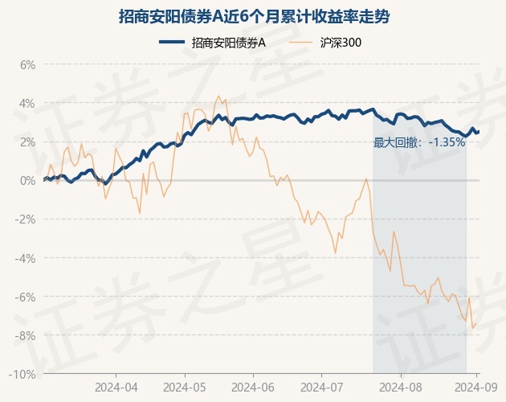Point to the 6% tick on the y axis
(27, 64)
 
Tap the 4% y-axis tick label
(27, 103)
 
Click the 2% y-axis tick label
(27, 142)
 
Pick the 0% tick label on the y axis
(27, 180)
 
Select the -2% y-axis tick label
(26, 219)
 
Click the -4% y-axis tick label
(26, 258)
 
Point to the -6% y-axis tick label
(26, 297)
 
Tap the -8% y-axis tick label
(26, 335)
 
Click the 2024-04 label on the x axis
(116, 387)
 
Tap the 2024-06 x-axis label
(252, 387)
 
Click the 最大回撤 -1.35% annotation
(419, 142)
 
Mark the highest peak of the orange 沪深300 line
(218, 96)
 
